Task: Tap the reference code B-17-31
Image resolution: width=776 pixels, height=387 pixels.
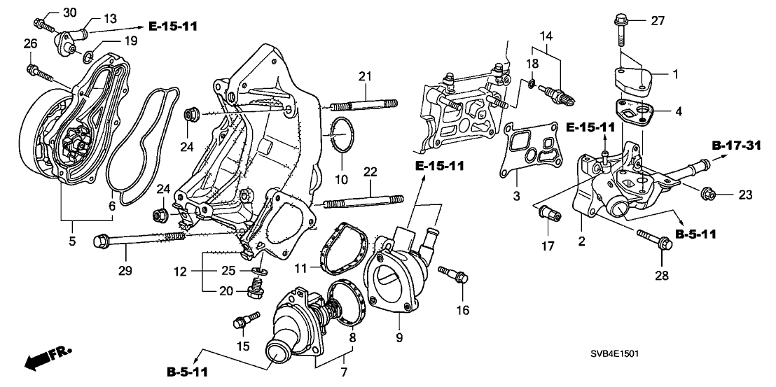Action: click(x=736, y=146)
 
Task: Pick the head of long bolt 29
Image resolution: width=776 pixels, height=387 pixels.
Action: click(x=99, y=241)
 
